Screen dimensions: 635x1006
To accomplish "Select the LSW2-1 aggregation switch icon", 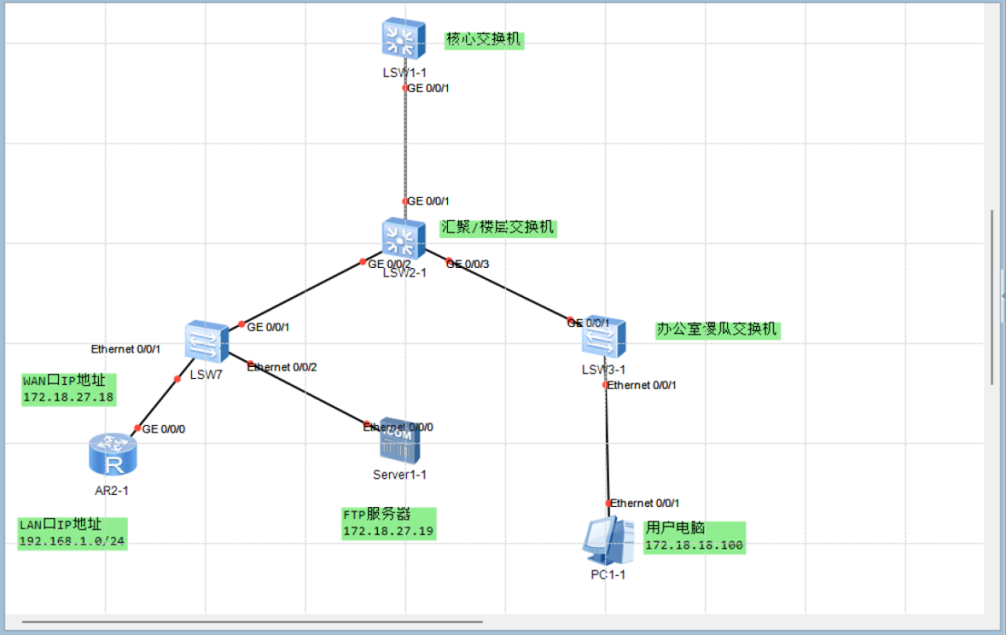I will (403, 239).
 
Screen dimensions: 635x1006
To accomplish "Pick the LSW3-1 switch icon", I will (603, 337).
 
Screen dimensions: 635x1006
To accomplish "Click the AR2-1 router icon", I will (114, 453).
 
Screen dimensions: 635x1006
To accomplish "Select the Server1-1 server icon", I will (400, 444).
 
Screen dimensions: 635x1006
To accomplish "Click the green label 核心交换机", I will (484, 40).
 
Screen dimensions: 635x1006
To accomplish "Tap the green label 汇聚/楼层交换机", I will (497, 228).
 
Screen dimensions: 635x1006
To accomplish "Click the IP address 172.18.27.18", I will (68, 397).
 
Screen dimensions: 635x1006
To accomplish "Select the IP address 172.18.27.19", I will (388, 531).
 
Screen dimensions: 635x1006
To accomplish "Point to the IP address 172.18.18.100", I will (693, 546).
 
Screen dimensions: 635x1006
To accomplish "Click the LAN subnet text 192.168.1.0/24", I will (72, 541).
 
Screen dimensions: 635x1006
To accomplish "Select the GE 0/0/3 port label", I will (469, 263).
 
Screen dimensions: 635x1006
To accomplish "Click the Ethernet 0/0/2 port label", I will (283, 367).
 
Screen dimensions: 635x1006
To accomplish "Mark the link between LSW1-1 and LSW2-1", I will (404, 145).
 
